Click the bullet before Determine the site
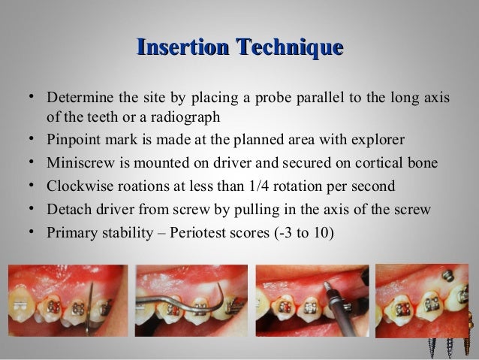[29, 99]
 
